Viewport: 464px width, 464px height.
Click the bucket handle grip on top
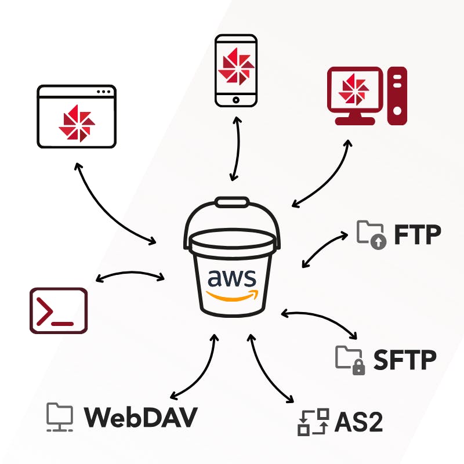(232, 202)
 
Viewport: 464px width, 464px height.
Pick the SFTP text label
(405, 360)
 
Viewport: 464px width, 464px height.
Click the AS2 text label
(359, 423)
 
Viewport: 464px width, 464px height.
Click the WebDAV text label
(141, 416)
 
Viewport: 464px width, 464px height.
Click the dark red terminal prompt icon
(59, 311)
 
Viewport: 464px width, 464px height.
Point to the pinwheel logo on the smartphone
(235, 68)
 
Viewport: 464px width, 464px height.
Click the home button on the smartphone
(235, 100)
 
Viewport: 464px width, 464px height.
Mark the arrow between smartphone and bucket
(235, 148)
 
